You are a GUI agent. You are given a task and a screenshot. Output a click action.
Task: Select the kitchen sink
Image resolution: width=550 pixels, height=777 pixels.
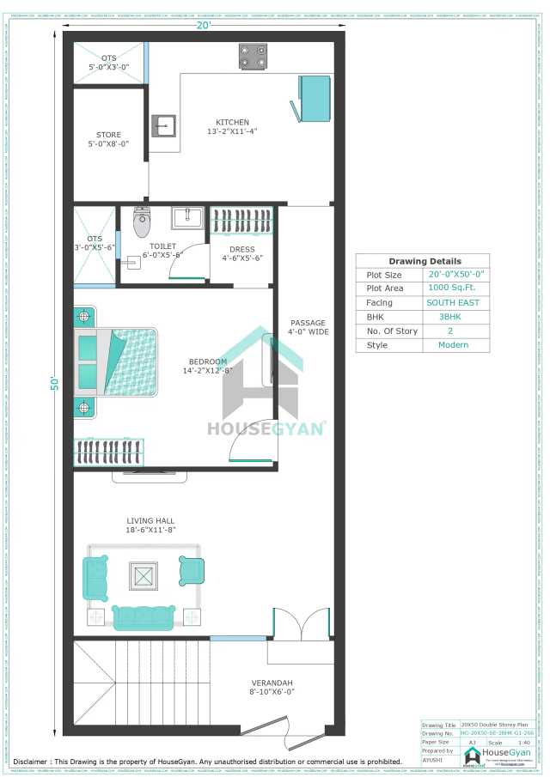coord(163,125)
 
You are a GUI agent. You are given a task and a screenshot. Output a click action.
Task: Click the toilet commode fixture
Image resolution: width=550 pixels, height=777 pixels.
coord(142,222)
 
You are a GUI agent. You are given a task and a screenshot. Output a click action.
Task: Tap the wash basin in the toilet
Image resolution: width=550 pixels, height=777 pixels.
coord(187,217)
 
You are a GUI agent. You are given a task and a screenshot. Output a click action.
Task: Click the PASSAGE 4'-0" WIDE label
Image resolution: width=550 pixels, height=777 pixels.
coord(308,327)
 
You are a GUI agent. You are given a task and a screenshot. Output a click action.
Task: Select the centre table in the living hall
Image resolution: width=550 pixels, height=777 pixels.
coord(144,575)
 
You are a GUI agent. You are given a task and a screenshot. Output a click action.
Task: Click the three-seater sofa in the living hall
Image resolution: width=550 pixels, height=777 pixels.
coord(144,617)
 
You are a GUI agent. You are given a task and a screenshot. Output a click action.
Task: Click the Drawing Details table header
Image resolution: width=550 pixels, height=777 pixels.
coord(424,261)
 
